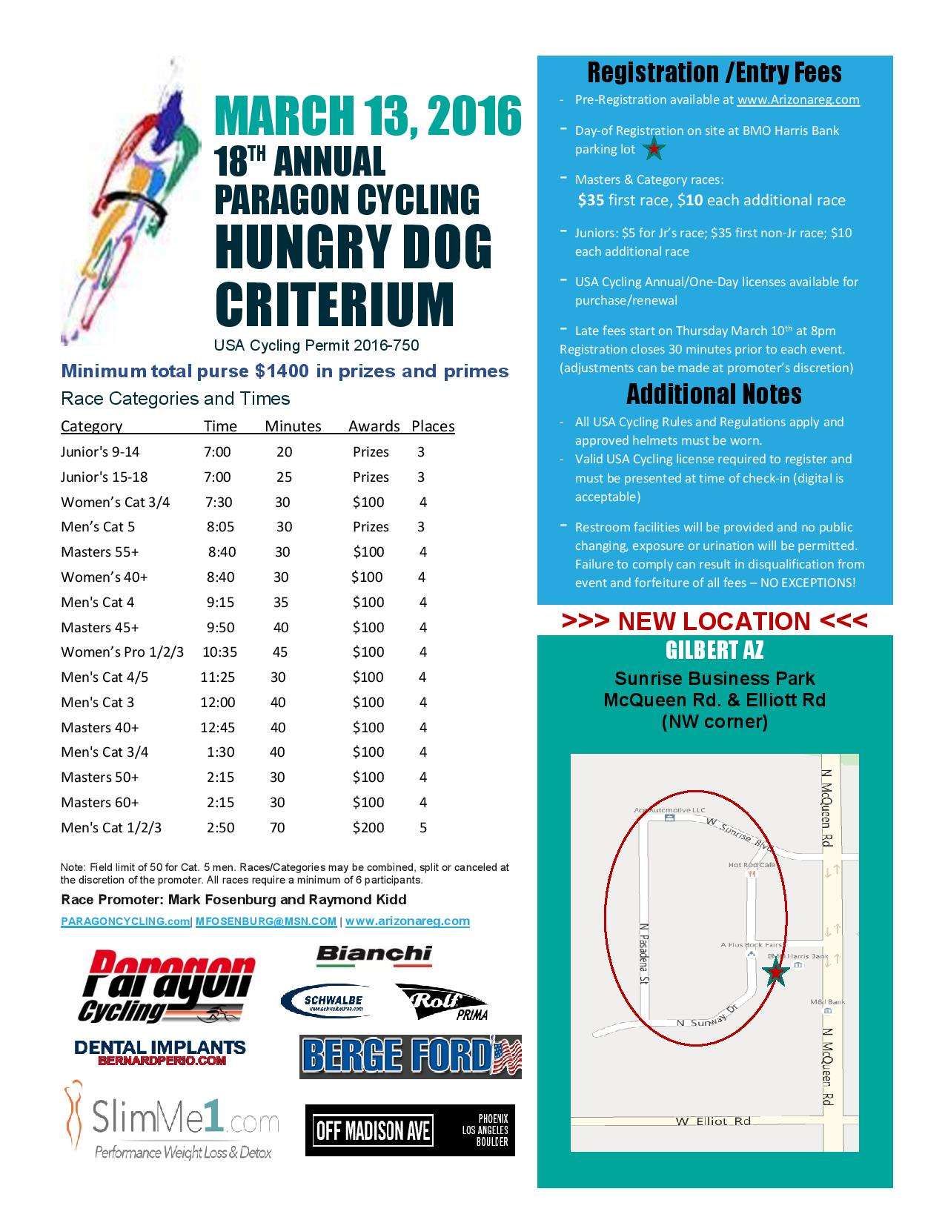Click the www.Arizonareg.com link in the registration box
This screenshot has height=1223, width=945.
coord(798,99)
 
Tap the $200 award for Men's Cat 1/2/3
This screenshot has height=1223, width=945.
coord(368,827)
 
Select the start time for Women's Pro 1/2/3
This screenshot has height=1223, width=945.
coord(219,652)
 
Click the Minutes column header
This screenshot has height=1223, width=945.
coord(293,426)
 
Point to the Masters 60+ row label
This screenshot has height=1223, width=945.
coord(99,802)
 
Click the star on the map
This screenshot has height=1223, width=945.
coord(775,972)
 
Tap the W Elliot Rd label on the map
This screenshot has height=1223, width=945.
coord(712,1121)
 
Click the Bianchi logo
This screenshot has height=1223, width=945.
coord(374,955)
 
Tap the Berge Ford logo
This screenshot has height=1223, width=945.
coord(411,1056)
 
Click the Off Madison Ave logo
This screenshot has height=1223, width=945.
coord(410,1130)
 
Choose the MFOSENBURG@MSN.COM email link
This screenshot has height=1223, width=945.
coord(266,921)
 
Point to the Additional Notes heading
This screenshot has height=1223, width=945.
coord(714,394)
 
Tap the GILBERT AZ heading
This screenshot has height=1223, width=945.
coord(714,651)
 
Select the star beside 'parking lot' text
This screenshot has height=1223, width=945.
coord(654,150)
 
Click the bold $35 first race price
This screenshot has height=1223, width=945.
coord(591,200)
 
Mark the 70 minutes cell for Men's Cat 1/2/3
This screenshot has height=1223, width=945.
coord(277,827)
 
